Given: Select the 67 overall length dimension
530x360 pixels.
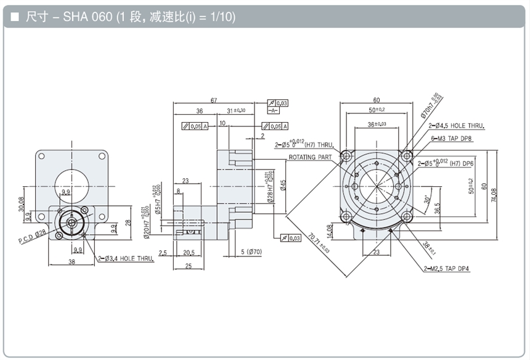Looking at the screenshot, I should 214,100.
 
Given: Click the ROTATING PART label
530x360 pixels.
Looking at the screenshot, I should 311,157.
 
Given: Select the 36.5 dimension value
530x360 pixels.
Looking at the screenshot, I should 438,209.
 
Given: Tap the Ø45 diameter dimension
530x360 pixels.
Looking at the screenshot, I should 283,186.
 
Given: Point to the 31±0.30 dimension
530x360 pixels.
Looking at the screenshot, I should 236,110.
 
